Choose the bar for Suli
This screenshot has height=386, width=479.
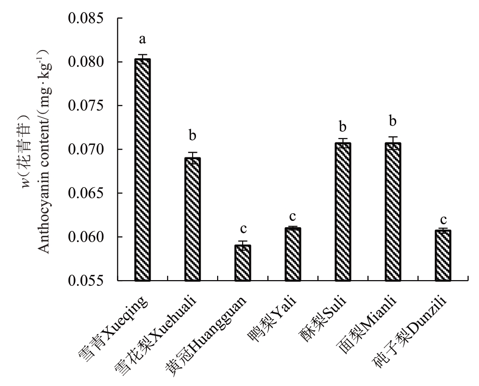coord(343,212)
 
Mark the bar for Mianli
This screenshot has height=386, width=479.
coord(393,212)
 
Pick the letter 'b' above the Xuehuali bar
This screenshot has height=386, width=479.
coord(193,135)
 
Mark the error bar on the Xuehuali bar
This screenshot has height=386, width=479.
coord(193,155)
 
